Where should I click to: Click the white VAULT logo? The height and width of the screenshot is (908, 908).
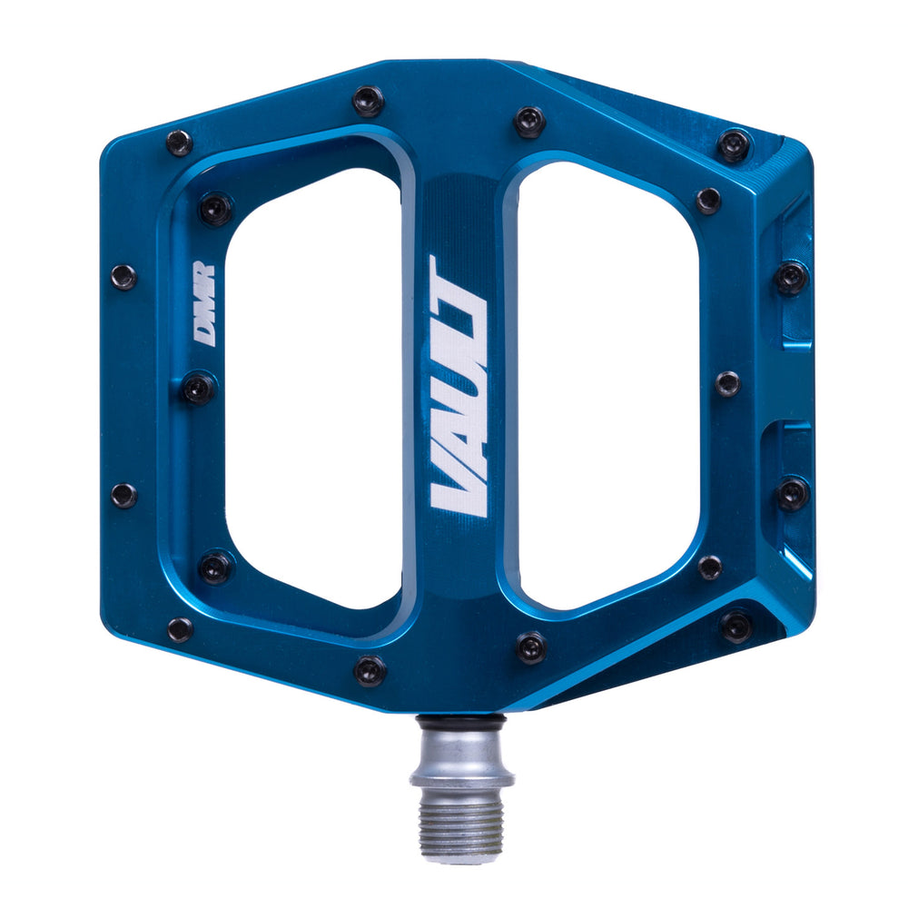pyautogui.click(x=459, y=386)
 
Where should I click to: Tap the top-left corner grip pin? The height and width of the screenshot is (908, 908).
pyautogui.click(x=179, y=143)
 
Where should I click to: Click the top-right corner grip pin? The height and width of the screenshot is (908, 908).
pyautogui.click(x=734, y=144)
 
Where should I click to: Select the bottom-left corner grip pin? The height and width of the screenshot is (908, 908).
pyautogui.click(x=180, y=628)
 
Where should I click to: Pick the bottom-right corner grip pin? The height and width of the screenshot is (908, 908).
pyautogui.click(x=735, y=626)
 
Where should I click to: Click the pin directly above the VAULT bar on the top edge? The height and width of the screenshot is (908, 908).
pyautogui.click(x=368, y=101)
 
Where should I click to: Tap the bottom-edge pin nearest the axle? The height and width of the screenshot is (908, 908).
pyautogui.click(x=531, y=647)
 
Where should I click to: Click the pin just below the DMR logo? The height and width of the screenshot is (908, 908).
pyautogui.click(x=199, y=389)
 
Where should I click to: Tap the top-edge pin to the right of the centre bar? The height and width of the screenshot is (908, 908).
pyautogui.click(x=529, y=122)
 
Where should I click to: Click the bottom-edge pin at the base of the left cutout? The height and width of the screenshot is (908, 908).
pyautogui.click(x=370, y=670)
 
